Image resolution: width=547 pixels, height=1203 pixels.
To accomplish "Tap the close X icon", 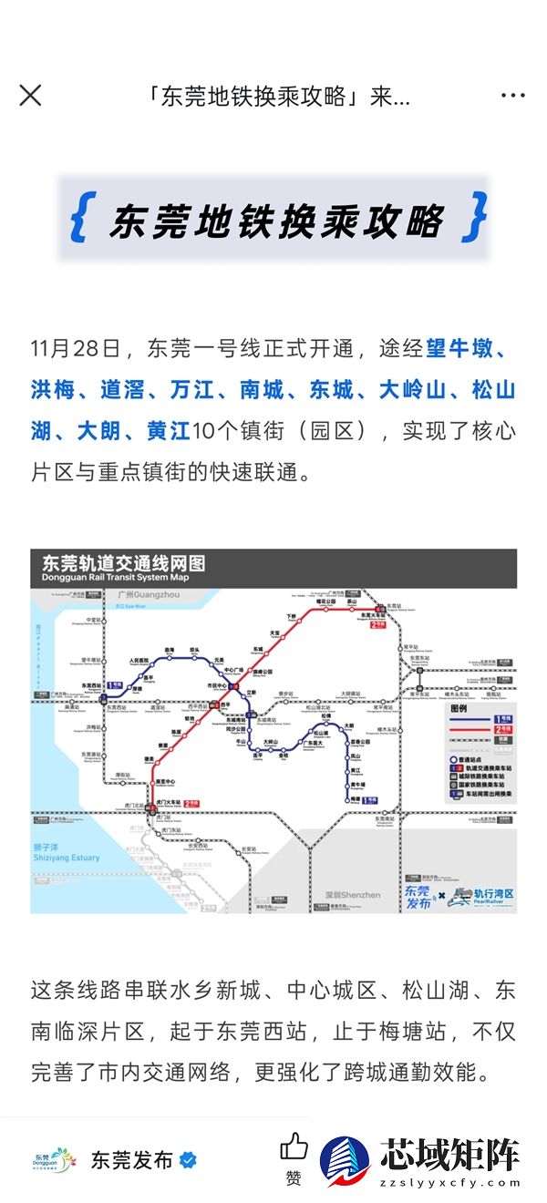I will [30, 95].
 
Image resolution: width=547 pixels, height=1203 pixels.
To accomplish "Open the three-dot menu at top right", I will [512, 96].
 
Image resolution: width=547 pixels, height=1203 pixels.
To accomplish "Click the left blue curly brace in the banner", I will [79, 218].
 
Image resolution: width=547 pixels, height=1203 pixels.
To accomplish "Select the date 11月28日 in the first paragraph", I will [75, 347].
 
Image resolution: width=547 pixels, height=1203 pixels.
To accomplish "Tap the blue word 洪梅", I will [52, 390].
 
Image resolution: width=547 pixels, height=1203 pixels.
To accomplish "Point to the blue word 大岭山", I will [413, 390].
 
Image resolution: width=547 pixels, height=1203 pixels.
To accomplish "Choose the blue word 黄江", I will [168, 431].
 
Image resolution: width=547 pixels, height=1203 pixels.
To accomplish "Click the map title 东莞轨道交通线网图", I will [123, 563].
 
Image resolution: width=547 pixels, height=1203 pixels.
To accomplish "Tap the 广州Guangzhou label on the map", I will [149, 595].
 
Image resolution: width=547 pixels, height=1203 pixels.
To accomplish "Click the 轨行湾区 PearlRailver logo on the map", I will [482, 895].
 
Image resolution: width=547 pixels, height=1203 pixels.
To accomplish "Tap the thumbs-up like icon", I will [294, 1147].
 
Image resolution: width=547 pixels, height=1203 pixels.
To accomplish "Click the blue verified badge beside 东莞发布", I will [188, 1160].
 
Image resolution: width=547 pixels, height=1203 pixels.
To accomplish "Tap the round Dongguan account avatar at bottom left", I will [51, 1160].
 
